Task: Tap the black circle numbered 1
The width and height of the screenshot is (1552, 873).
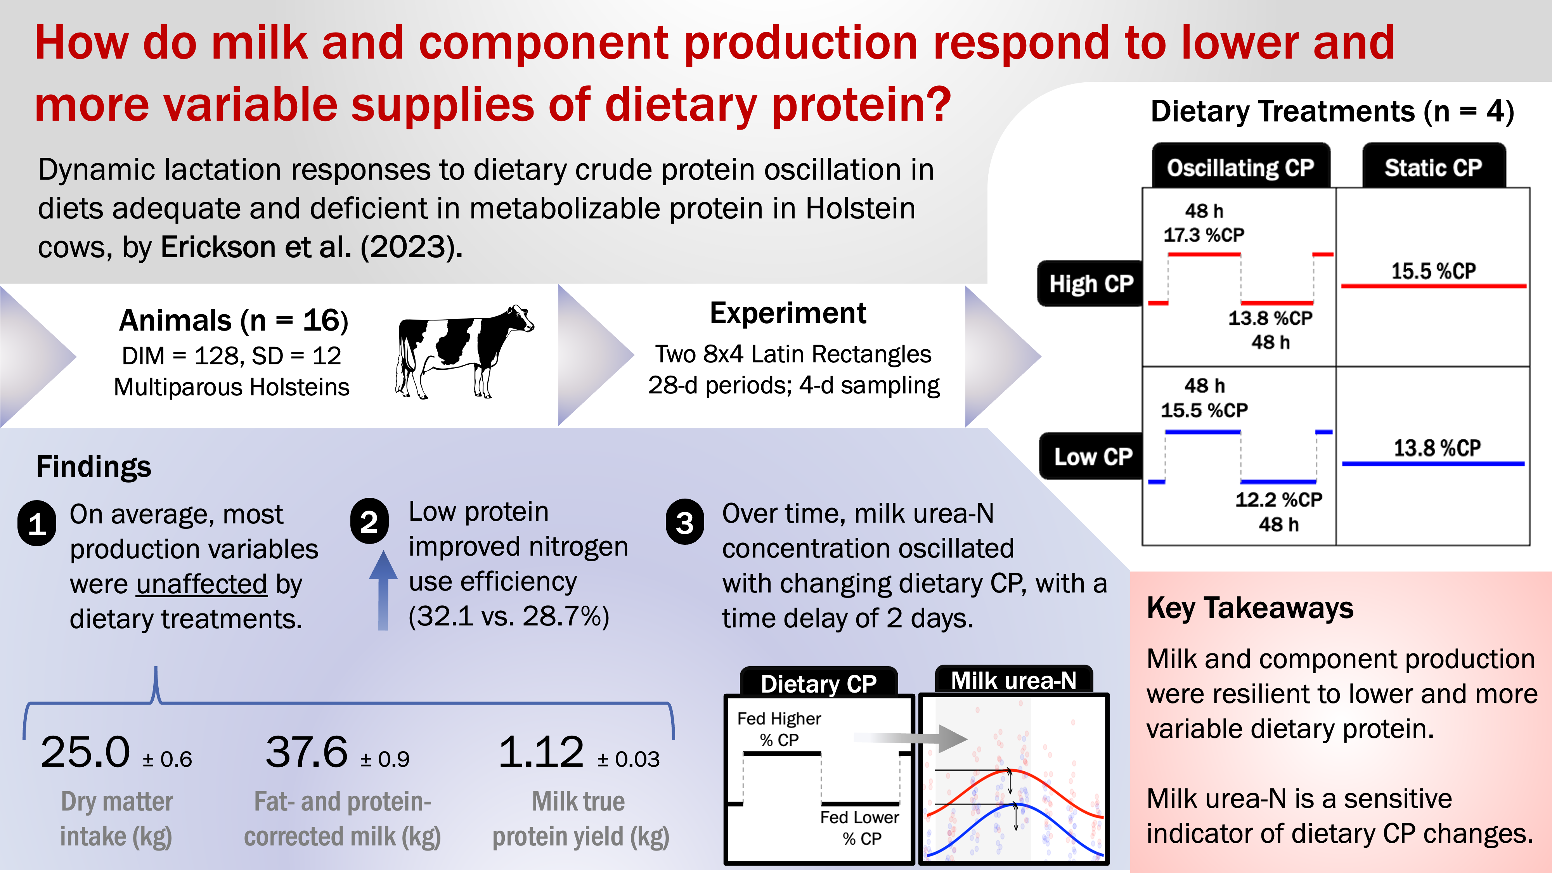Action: (37, 523)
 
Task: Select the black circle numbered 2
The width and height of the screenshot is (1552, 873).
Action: (369, 521)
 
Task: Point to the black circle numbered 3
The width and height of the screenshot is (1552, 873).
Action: (684, 522)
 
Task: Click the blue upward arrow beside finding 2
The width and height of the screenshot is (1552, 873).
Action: (383, 591)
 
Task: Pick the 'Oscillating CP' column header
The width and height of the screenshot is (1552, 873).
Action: (1240, 167)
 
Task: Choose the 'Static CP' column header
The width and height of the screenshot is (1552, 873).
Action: (1433, 167)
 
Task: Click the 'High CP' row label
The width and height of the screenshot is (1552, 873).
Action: (1091, 283)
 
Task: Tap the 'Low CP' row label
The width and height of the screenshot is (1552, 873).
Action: (1092, 456)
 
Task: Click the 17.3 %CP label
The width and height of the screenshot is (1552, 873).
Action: (1203, 234)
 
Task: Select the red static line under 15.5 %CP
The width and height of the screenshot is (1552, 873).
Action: (1433, 286)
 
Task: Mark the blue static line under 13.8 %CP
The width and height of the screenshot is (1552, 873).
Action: (1433, 463)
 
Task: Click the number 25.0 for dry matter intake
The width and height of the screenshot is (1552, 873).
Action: (85, 752)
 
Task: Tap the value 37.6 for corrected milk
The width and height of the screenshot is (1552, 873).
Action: (307, 752)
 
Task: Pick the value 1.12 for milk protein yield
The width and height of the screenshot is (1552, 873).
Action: (541, 752)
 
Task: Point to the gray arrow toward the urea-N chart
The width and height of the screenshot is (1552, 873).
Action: (916, 738)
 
